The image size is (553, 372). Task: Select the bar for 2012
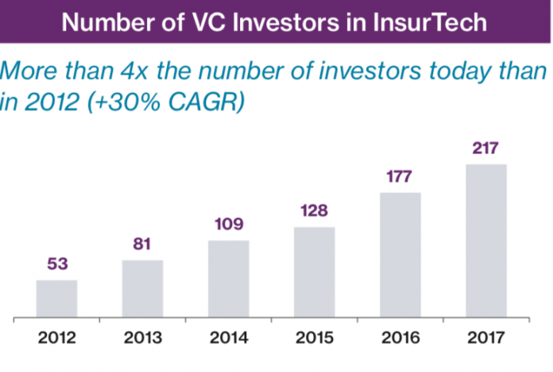56,299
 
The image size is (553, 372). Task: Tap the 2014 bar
228,279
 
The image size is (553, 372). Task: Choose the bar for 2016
400,255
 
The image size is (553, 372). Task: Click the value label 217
485,149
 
